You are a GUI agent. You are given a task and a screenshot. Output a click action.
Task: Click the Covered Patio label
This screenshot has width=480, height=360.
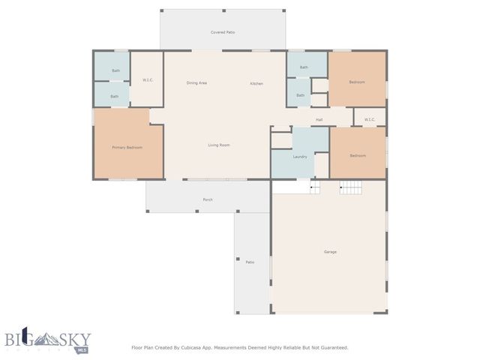point(222,33)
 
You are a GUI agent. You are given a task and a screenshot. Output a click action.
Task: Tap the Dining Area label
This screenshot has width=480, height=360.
point(196,83)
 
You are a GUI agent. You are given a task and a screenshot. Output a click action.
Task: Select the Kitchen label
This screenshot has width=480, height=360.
point(256,83)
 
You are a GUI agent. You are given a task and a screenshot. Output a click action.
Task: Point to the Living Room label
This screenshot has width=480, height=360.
point(218,145)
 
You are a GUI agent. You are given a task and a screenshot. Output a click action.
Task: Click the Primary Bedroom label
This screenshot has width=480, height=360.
point(127,148)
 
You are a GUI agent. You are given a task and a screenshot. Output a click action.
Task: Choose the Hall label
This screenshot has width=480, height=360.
point(319,119)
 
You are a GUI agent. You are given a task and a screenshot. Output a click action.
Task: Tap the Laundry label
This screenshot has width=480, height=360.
point(300,157)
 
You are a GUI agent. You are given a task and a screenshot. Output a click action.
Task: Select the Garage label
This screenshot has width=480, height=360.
point(330,252)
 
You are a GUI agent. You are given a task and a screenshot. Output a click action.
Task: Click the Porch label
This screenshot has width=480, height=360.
point(208,199)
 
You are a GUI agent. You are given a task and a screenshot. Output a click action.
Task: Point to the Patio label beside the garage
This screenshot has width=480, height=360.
point(250,262)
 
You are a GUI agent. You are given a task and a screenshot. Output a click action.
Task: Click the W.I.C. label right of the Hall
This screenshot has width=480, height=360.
point(370,119)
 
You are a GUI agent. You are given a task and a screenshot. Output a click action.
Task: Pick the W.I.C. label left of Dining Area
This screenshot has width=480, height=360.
point(148,79)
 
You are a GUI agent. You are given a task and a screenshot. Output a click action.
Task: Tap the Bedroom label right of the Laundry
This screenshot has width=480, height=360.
point(358,155)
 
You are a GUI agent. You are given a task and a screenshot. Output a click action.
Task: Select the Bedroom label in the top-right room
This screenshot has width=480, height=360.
point(357,82)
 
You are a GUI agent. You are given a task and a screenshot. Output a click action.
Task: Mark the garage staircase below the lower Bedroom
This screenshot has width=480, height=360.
point(350,187)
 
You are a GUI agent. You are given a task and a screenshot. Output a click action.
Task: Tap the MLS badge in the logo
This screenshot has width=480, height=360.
point(82,349)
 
